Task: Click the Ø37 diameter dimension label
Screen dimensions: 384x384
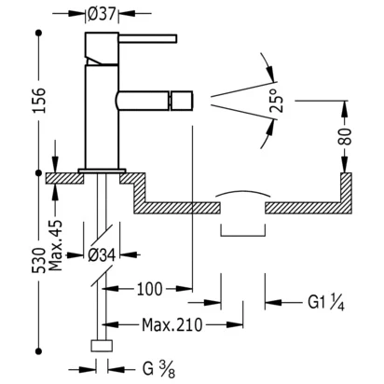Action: click(102, 13)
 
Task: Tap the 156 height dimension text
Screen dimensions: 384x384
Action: click(39, 100)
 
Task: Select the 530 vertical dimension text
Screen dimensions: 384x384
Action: click(38, 260)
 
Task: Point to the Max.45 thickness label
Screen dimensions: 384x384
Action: click(56, 245)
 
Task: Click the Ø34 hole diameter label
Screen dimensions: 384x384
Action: click(102, 255)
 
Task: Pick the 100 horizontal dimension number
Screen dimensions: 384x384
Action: click(149, 289)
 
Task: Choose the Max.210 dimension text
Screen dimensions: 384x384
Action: click(172, 325)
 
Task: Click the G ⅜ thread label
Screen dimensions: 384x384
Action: click(158, 369)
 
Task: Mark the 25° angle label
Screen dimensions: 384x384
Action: click(277, 101)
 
